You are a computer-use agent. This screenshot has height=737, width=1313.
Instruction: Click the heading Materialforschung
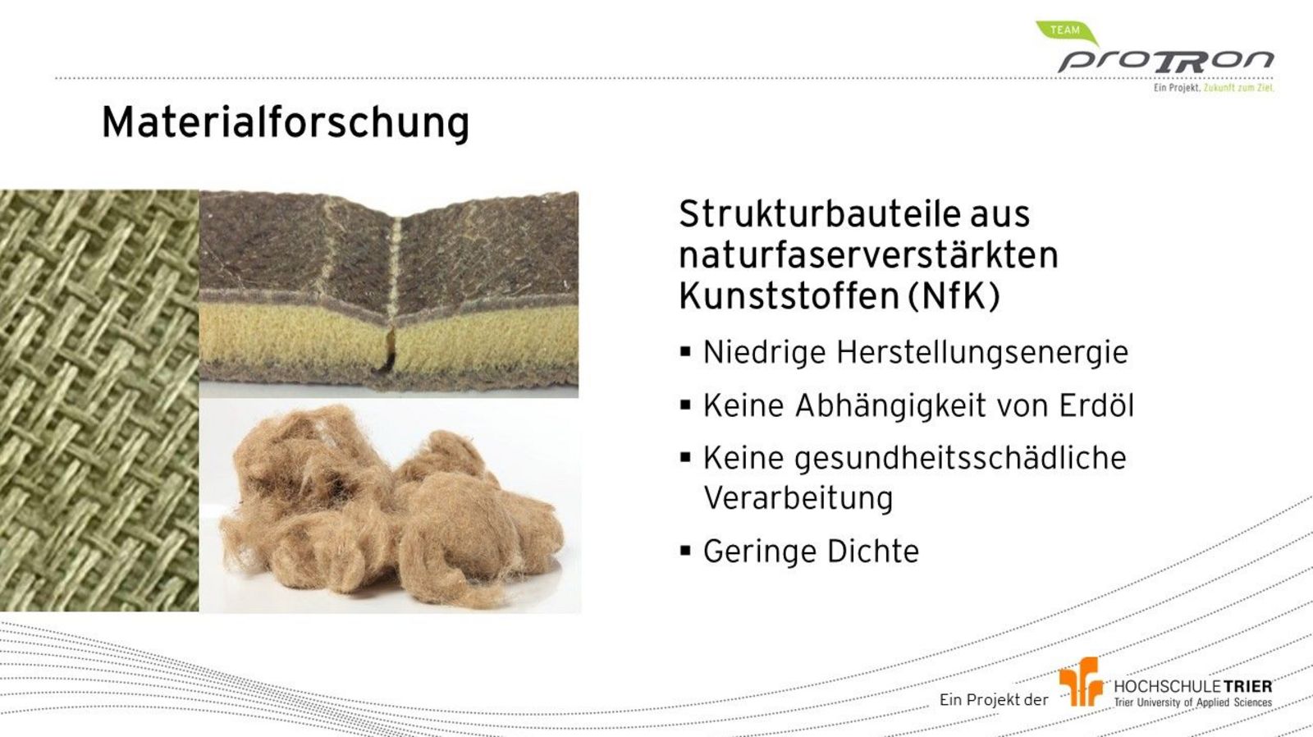coord(286,124)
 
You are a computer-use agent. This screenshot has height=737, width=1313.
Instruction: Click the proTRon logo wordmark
coord(1165,62)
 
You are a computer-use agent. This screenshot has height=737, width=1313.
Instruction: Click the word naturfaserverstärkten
coord(869,255)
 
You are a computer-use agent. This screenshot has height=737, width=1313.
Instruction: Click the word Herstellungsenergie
coord(981,352)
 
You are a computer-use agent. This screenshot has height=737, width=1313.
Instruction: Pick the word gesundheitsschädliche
coord(960,459)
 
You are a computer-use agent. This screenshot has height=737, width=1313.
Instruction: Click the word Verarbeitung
coord(798,498)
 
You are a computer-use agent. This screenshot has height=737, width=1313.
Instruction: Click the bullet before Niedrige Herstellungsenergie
coord(685,352)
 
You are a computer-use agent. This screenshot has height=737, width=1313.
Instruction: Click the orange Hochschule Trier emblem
coord(1080,681)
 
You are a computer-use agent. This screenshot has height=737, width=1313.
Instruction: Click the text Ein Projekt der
coord(994,699)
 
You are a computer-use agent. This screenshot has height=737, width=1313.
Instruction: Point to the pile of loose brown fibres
coord(391,507)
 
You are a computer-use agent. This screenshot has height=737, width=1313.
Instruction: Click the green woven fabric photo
coord(99,401)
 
